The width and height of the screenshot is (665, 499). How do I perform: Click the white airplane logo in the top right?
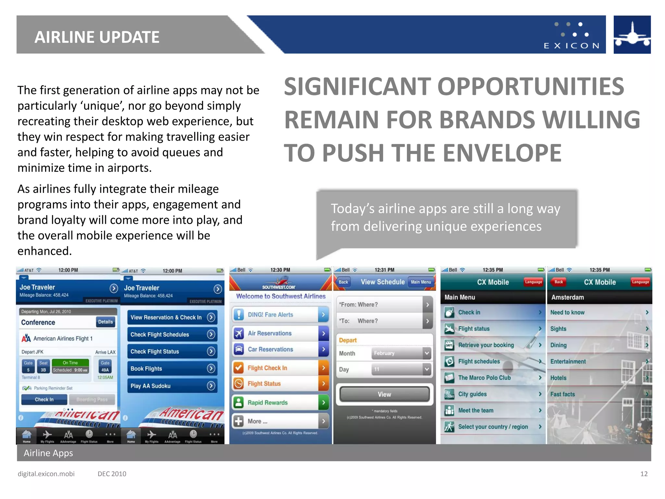[x=632, y=35]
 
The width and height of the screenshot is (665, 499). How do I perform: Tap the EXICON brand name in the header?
[x=571, y=45]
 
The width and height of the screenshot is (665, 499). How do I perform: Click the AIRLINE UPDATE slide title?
[x=97, y=37]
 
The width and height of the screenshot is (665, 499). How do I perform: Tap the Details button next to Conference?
[x=106, y=322]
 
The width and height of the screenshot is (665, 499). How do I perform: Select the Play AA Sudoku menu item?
[x=172, y=386]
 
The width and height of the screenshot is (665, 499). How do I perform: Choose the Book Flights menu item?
[x=172, y=369]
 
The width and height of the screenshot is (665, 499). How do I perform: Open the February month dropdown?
[x=401, y=353]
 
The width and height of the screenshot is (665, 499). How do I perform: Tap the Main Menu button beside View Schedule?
[x=421, y=282]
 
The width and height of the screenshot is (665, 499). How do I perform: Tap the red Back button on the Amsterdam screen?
[x=558, y=282]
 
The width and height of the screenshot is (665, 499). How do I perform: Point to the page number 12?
[x=644, y=474]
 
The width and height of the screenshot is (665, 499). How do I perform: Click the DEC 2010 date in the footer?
[x=112, y=474]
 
